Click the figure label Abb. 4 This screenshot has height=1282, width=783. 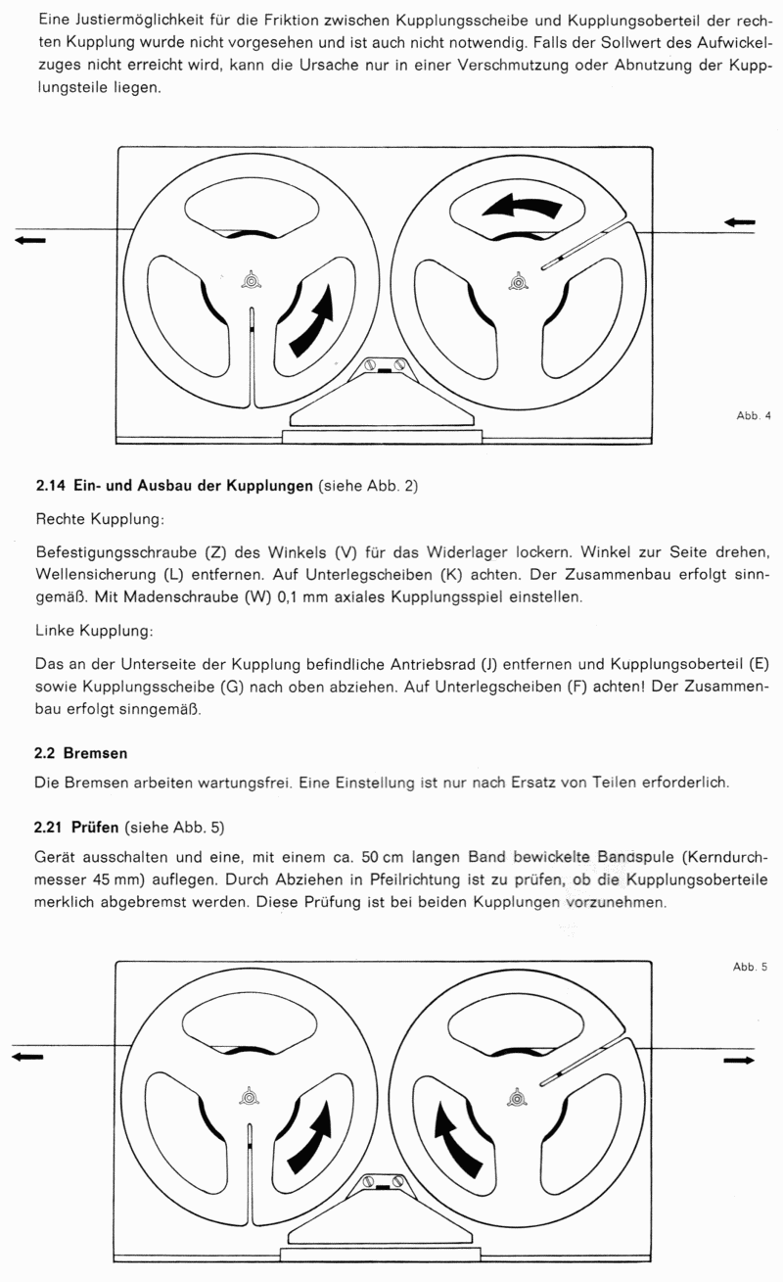point(754,415)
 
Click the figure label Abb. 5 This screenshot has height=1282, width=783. point(751,968)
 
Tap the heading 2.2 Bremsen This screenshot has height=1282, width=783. point(82,754)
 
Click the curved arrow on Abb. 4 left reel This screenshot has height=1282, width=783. point(316,319)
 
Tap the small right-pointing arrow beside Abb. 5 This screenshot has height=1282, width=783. point(739,1060)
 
